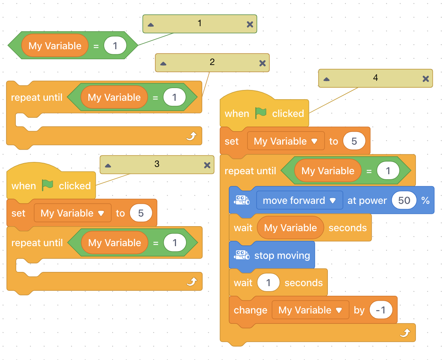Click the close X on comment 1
(x=250, y=25)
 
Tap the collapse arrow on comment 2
(x=163, y=63)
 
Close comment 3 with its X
(x=207, y=165)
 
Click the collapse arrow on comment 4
(x=326, y=79)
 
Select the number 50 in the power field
(x=404, y=200)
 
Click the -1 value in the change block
(x=381, y=310)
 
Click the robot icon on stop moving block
(x=242, y=255)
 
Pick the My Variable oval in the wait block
(x=290, y=228)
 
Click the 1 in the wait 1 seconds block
(x=268, y=283)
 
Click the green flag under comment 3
(x=47, y=185)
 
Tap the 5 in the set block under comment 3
(x=141, y=213)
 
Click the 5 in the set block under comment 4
(x=354, y=141)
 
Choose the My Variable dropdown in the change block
(x=310, y=310)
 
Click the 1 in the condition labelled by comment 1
(x=115, y=45)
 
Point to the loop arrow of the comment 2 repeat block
(x=191, y=137)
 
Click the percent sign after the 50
(x=425, y=200)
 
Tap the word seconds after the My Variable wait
(x=347, y=228)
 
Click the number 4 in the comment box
(x=376, y=78)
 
